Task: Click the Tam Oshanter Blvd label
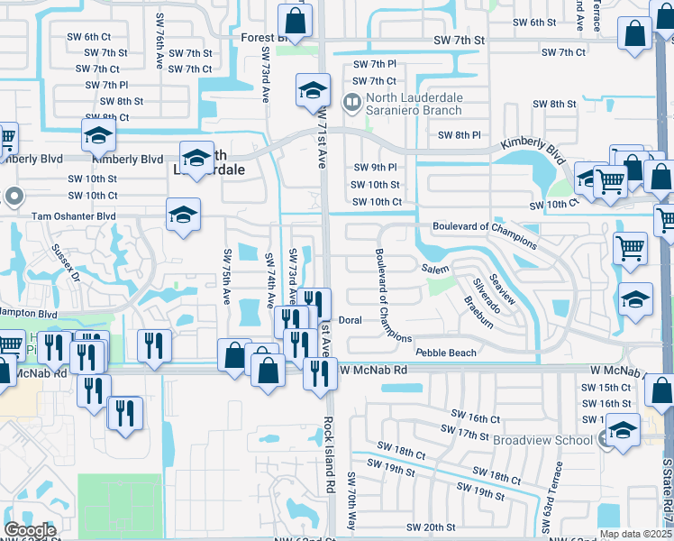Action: (74, 216)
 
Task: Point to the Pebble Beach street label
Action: (445, 351)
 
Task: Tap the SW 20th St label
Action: (431, 527)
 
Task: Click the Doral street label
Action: (350, 320)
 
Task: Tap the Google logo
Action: (30, 530)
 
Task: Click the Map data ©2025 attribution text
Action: (635, 534)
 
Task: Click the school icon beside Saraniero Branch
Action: (312, 89)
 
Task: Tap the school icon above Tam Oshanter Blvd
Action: (183, 215)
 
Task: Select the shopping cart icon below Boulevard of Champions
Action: (630, 247)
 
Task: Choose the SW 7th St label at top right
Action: (459, 41)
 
